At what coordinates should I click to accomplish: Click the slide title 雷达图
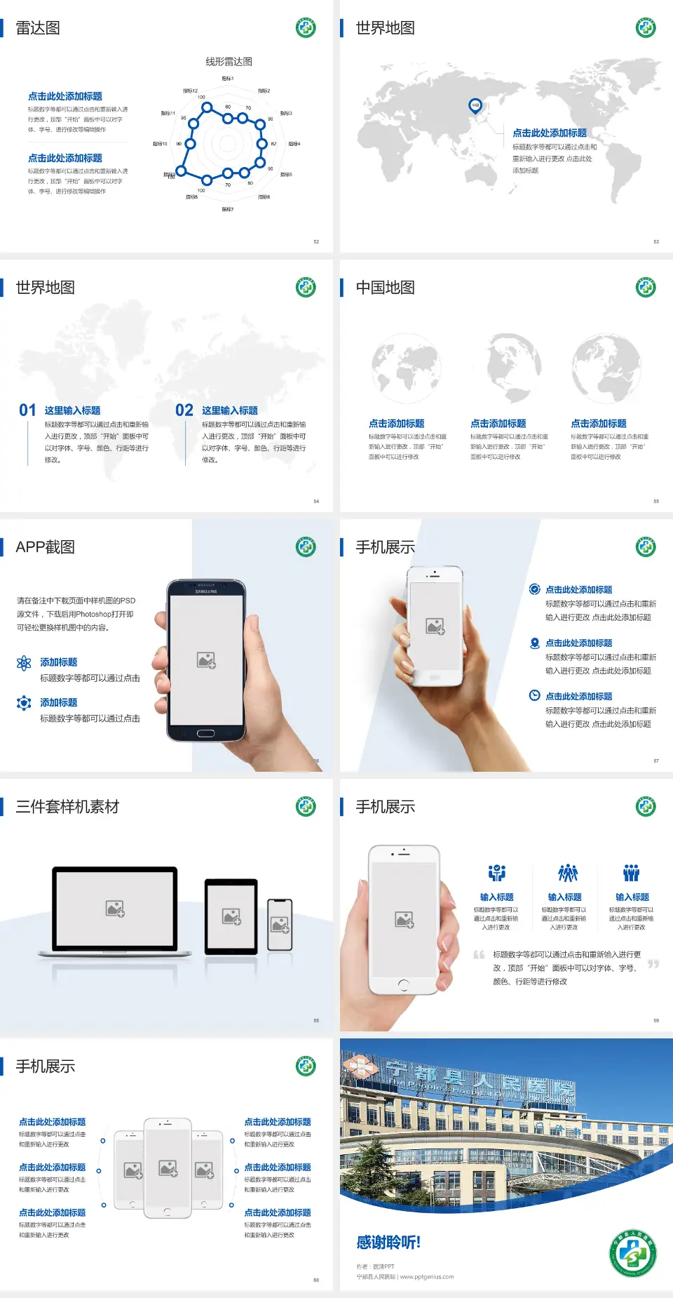pos(38,28)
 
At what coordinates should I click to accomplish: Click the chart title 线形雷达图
pos(229,62)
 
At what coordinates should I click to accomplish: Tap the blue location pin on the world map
pos(475,106)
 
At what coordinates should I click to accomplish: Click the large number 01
pos(27,410)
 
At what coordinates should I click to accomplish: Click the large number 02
pos(184,410)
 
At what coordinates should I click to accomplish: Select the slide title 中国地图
pos(385,288)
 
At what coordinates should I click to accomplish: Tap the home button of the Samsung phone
pos(205,733)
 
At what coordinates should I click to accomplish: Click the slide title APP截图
pos(45,547)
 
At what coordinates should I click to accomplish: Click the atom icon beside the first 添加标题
pos(24,663)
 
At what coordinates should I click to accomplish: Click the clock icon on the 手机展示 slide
pos(534,695)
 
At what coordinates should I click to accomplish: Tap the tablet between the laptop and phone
pos(231,916)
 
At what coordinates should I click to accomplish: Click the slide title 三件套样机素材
pos(67,807)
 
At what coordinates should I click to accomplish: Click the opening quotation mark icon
pos(479,954)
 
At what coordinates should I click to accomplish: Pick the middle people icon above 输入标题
pos(567,873)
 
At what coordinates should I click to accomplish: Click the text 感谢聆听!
pos(388,1243)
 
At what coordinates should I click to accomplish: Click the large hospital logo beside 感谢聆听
pos(632,1253)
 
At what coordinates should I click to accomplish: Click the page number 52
pos(316,241)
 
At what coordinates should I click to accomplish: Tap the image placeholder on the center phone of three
pos(168,1167)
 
